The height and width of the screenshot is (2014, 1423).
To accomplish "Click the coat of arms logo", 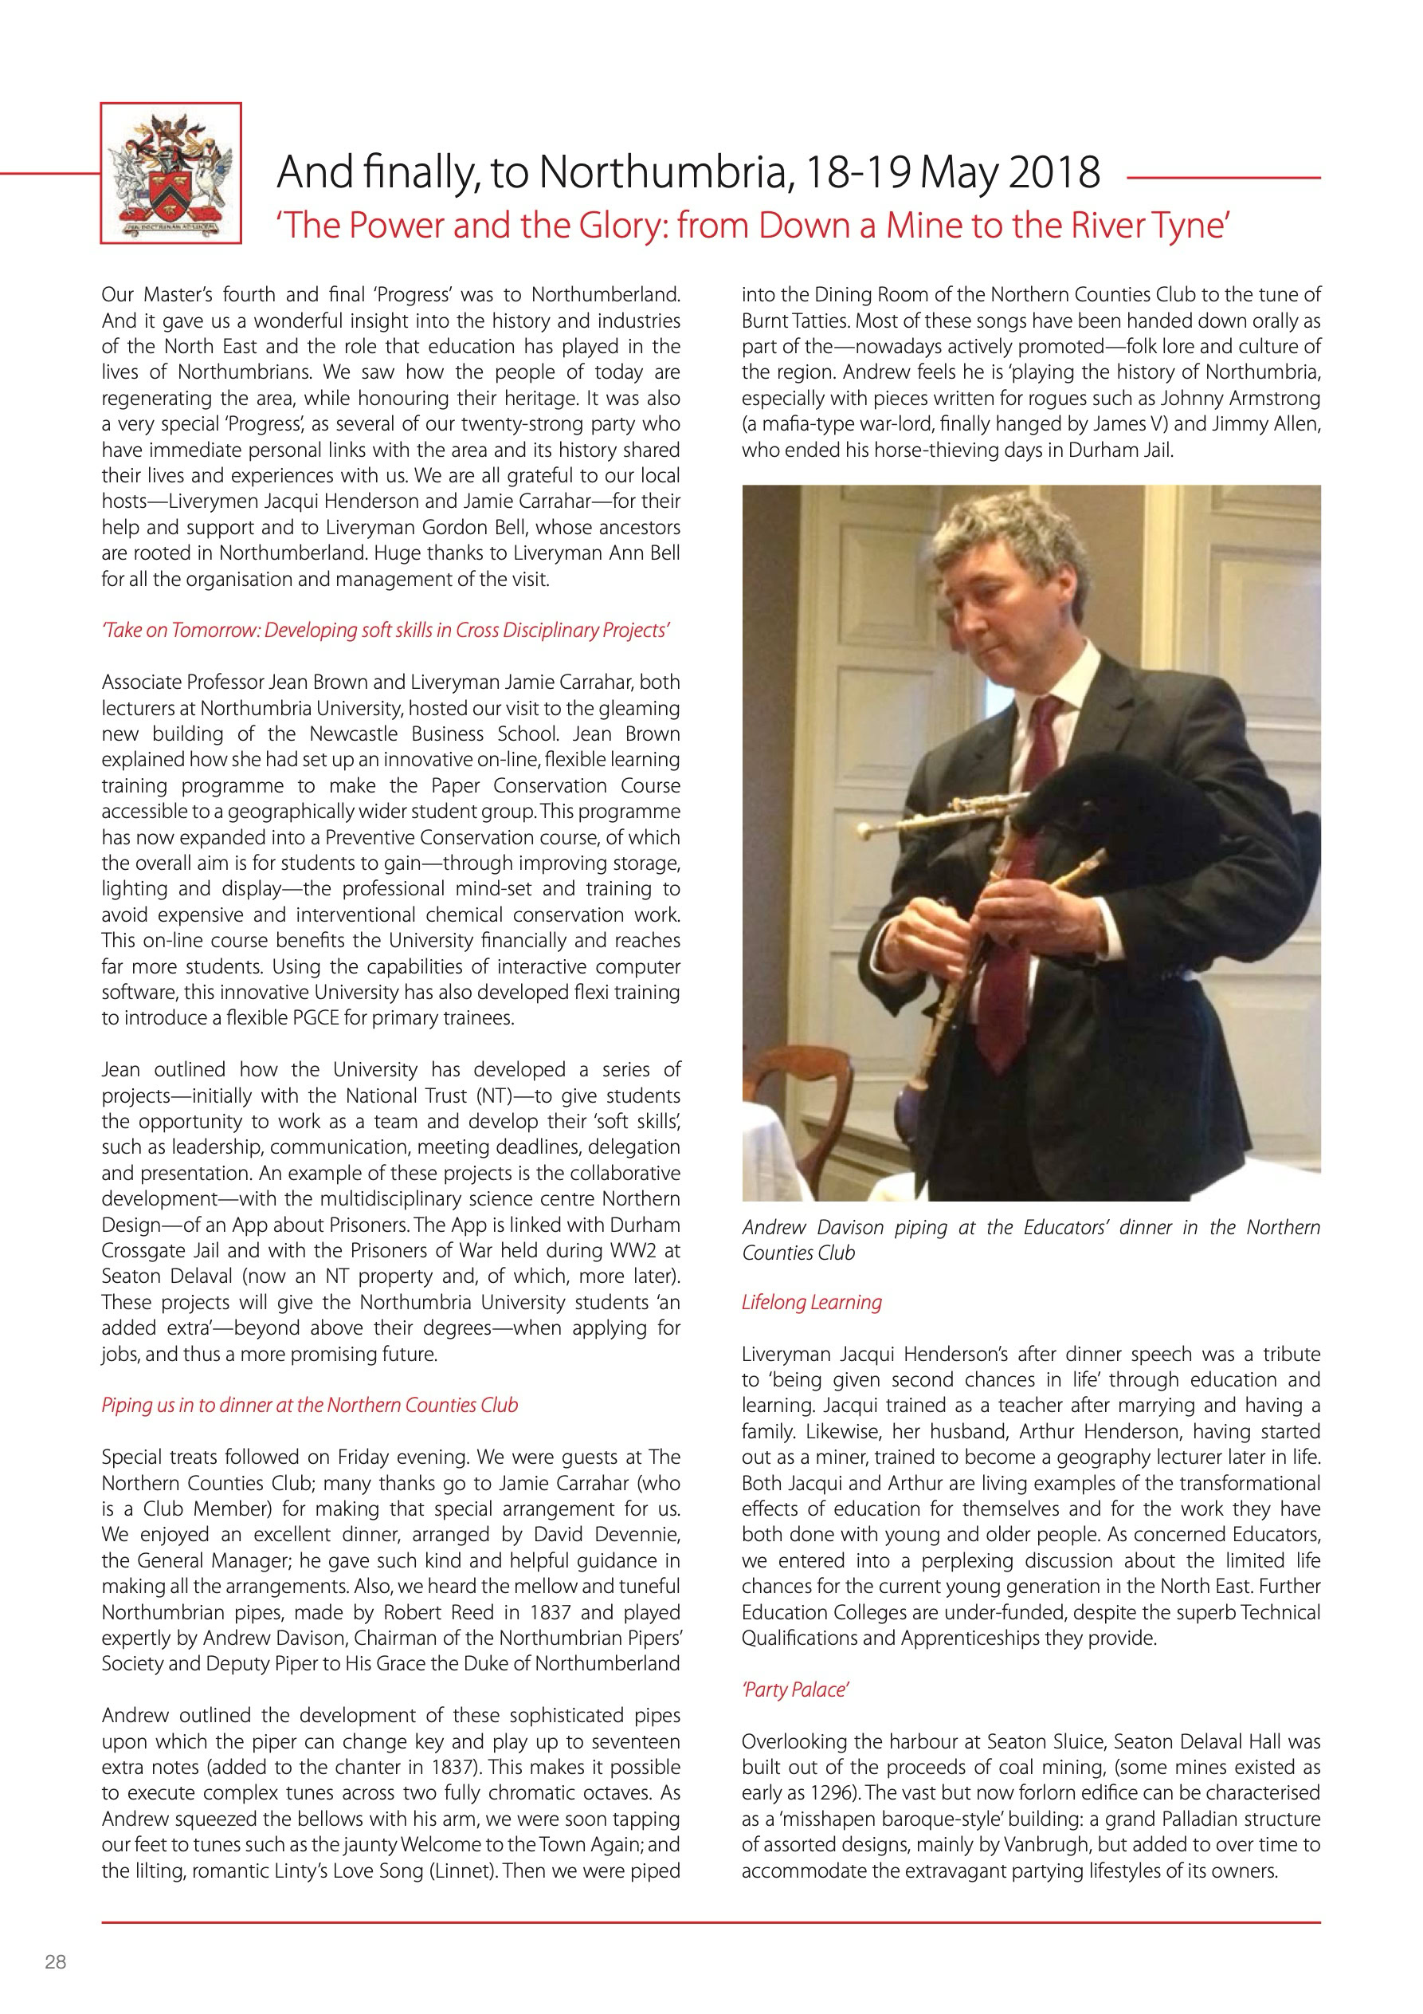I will (x=171, y=173).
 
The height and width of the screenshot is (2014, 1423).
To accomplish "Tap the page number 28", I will (x=55, y=1962).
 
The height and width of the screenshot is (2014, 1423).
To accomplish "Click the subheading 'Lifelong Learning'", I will (x=811, y=1303).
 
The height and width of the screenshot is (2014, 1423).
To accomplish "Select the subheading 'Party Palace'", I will (x=794, y=1690).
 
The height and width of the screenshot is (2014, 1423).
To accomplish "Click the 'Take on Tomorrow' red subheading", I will (x=386, y=631).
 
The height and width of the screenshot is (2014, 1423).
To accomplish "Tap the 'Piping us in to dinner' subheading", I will (x=309, y=1405).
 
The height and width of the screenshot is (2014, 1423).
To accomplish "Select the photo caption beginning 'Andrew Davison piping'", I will (x=1030, y=1241).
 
